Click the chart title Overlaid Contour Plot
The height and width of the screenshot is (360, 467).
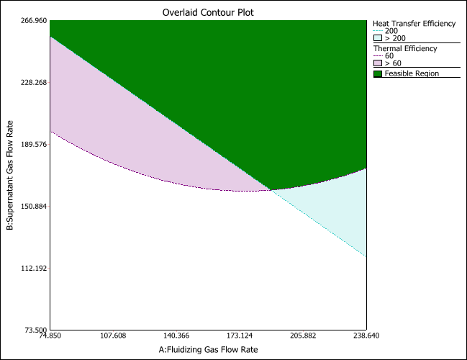pos(207,12)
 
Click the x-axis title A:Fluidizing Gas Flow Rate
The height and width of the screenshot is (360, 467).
pos(208,349)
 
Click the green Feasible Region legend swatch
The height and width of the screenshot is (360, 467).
pos(378,73)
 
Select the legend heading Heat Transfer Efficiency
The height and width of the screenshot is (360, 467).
pos(414,24)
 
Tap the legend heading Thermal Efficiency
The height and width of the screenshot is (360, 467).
pos(404,48)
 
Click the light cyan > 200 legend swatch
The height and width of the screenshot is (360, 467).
pos(378,39)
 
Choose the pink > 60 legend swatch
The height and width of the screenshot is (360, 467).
pos(378,63)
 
